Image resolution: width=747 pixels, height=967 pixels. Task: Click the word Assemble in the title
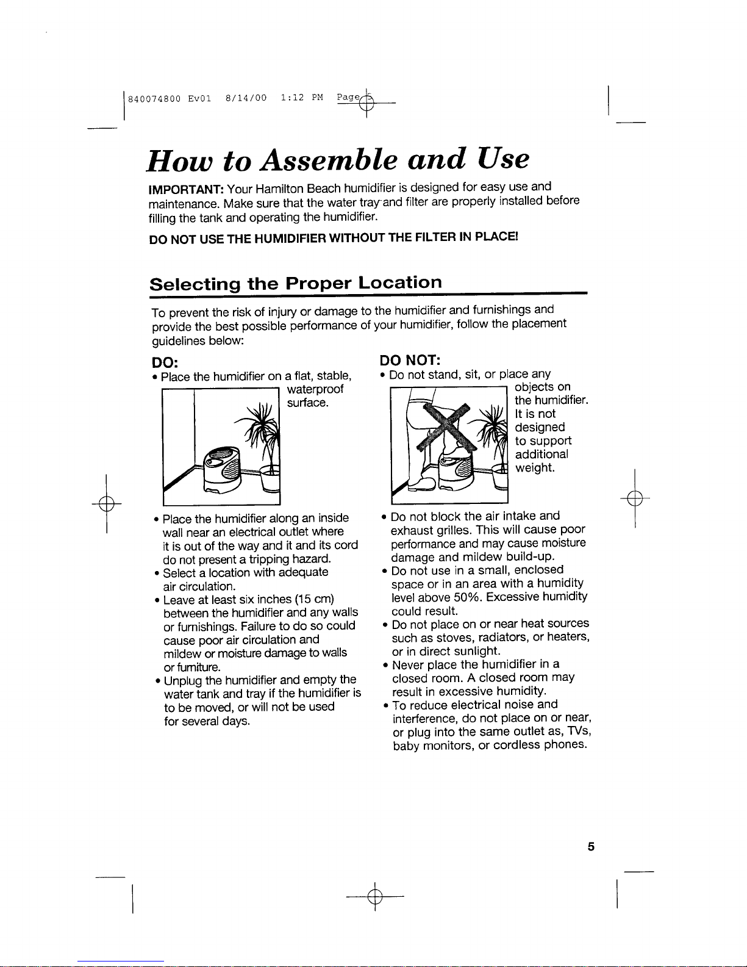click(x=329, y=159)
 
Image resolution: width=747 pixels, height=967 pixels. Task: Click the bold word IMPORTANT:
click(x=186, y=190)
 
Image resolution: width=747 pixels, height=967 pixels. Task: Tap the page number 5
click(x=591, y=846)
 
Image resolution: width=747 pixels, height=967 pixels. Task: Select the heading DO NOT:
click(x=410, y=360)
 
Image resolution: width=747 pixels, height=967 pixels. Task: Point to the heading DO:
click(x=165, y=362)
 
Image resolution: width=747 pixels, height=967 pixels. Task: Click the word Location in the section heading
click(x=400, y=282)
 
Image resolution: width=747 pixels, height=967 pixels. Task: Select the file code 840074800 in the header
click(x=154, y=99)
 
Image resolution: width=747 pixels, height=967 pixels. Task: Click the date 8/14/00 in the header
click(x=246, y=98)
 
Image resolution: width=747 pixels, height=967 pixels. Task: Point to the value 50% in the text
click(x=468, y=597)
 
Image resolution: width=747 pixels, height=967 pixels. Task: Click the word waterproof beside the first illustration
click(x=315, y=389)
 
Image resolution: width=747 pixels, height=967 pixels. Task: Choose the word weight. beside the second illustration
click(x=535, y=468)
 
